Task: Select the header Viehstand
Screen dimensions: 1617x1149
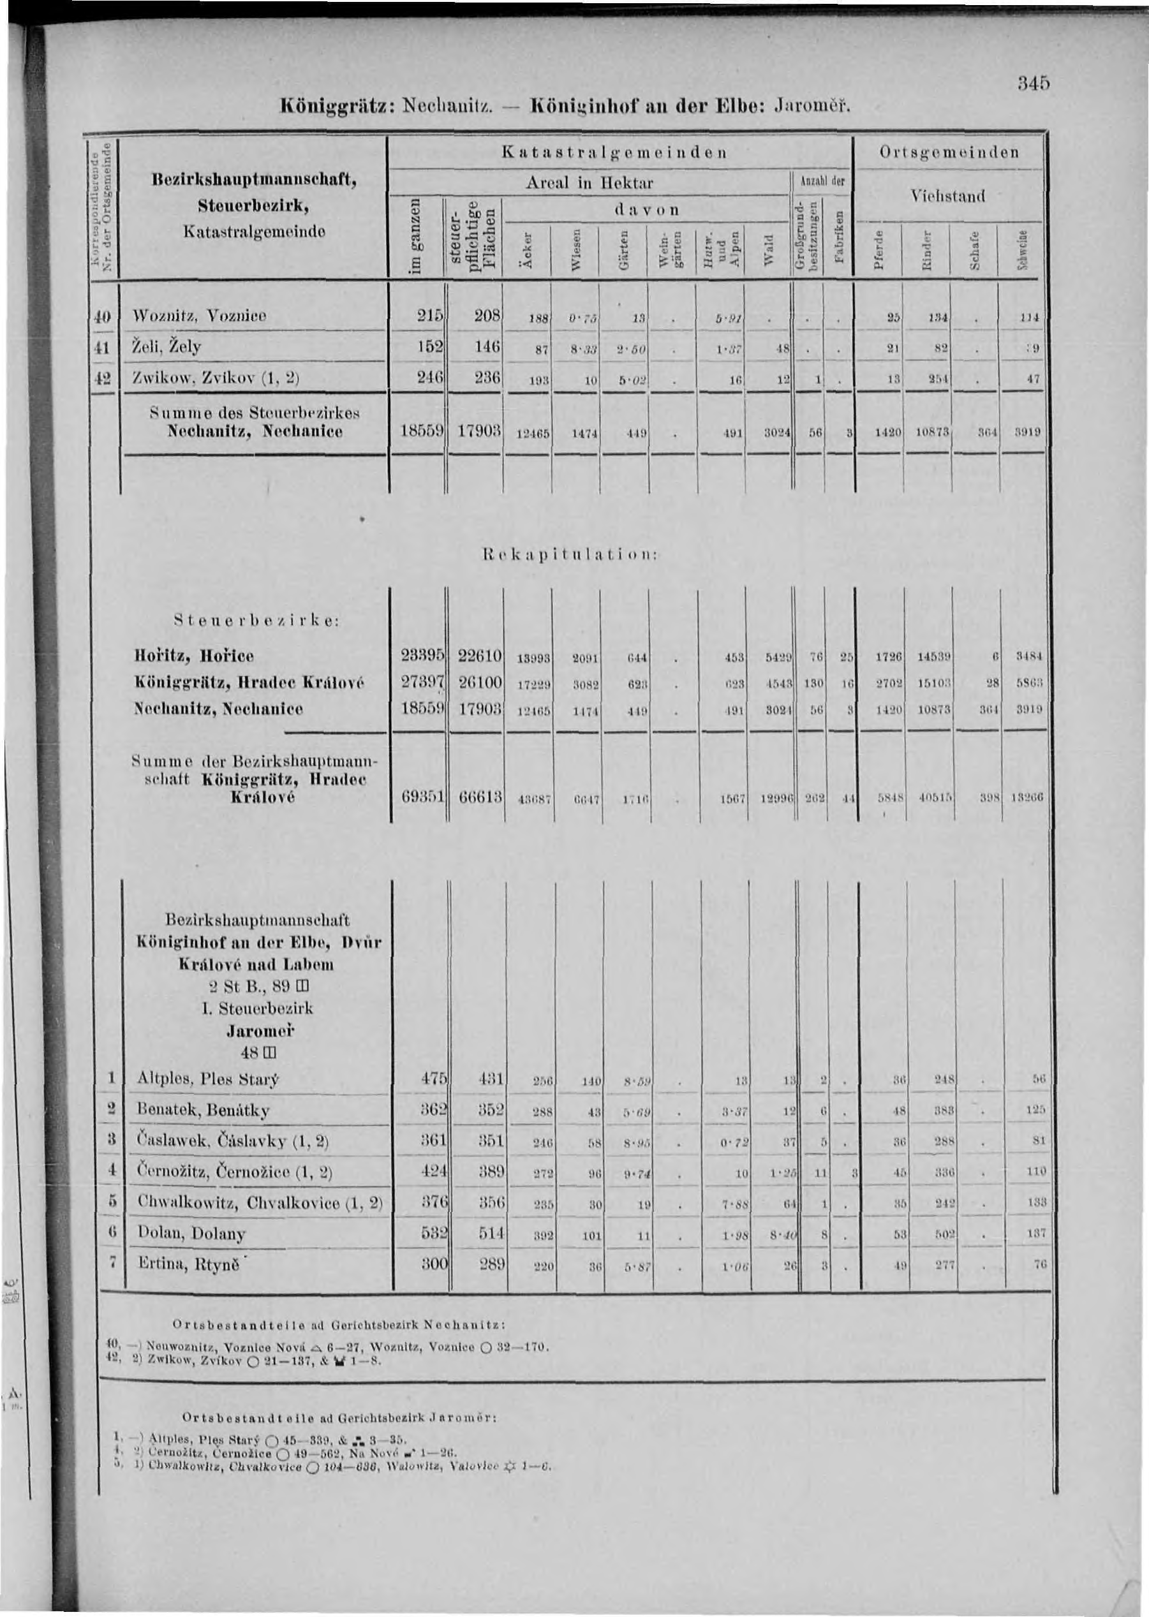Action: click(x=948, y=195)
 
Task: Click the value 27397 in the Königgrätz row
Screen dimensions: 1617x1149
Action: click(x=423, y=683)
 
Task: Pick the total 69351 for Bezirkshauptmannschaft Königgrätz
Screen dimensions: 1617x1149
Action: click(x=423, y=799)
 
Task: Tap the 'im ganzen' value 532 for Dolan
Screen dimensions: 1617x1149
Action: click(x=429, y=1234)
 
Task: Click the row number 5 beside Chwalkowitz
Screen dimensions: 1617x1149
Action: click(x=112, y=1202)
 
